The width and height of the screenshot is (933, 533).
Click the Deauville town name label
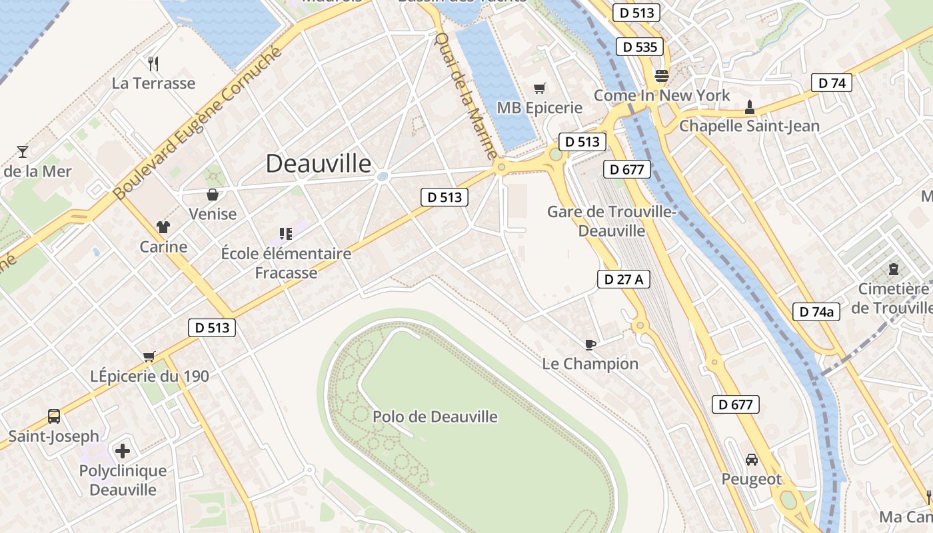point(319,163)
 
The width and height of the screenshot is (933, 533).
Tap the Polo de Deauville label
point(435,417)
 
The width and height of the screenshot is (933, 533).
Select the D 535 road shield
point(640,47)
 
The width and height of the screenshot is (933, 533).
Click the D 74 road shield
point(831,83)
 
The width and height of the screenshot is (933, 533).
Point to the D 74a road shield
point(816,311)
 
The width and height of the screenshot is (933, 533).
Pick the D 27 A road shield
point(623,279)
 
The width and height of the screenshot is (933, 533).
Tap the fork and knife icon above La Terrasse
point(153,63)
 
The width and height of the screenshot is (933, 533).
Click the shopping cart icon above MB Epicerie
point(540,88)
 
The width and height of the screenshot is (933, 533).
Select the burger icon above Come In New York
point(662,75)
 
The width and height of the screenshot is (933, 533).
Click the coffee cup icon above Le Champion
point(590,344)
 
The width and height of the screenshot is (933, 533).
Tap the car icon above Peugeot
point(752,460)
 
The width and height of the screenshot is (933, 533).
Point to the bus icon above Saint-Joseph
point(54,417)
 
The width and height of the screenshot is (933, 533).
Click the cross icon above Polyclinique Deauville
point(123,451)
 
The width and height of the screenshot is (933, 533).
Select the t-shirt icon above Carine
point(163,227)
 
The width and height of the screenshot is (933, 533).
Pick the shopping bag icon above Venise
point(213,195)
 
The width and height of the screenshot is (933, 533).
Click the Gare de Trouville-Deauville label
point(612,221)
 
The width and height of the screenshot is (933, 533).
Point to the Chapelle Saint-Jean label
point(749,126)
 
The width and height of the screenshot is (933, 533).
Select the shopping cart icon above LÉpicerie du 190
point(149,356)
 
